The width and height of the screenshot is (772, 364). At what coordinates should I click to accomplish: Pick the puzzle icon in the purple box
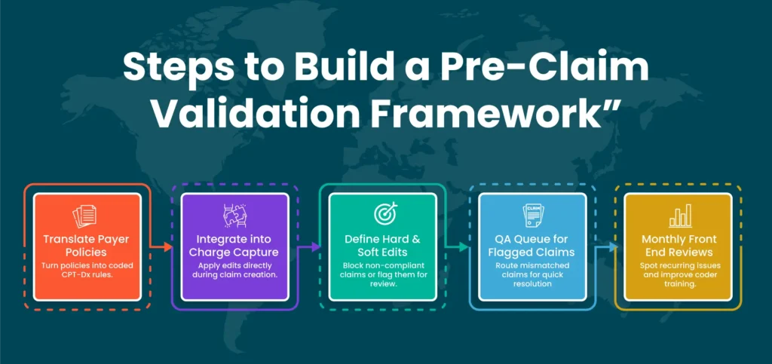pyautogui.click(x=234, y=216)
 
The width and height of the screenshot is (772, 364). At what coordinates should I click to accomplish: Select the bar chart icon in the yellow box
pyautogui.click(x=680, y=216)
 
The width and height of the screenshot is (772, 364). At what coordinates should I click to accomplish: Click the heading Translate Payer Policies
pyautogui.click(x=86, y=246)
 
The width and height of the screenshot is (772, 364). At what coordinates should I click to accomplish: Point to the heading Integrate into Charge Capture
pyautogui.click(x=234, y=246)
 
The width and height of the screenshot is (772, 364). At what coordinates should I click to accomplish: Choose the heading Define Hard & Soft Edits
pyautogui.click(x=382, y=246)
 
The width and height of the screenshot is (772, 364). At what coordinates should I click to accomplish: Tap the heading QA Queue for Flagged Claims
pyautogui.click(x=532, y=246)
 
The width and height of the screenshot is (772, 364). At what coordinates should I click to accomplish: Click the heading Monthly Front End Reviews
pyautogui.click(x=679, y=246)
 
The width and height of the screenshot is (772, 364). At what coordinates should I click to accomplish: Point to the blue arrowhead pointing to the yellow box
pyautogui.click(x=613, y=247)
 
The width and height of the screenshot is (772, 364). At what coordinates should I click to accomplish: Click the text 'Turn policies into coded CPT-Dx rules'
pyautogui.click(x=87, y=270)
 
